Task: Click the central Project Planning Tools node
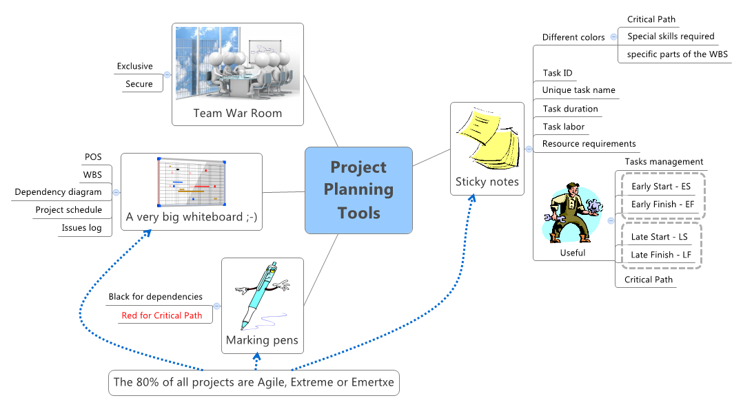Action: point(358,190)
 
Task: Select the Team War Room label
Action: point(237,113)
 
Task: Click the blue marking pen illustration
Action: point(262,296)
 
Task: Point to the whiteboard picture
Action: point(192,182)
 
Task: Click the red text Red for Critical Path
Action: point(161,315)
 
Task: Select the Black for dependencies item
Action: point(155,297)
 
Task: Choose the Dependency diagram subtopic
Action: point(58,192)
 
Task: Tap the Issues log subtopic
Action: point(81,228)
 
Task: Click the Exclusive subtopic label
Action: point(134,66)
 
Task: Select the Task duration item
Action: point(570,109)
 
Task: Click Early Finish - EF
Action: point(662,205)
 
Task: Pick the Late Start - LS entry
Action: point(659,237)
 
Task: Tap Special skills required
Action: point(670,36)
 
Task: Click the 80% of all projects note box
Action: point(254,382)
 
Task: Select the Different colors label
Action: point(573,37)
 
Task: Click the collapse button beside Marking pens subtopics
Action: point(216,306)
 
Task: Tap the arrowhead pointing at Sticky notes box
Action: point(473,198)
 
